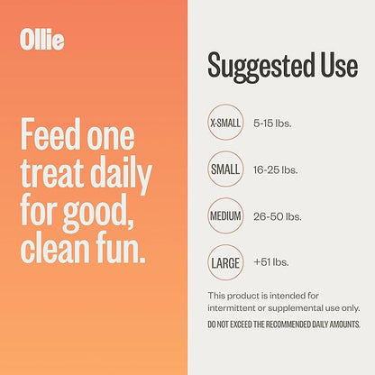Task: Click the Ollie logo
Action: point(41,41)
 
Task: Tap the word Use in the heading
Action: point(334,65)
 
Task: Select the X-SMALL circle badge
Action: point(225,122)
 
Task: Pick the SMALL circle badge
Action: point(225,169)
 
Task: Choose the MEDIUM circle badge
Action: point(225,216)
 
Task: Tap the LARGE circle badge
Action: point(225,263)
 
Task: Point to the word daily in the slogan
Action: point(123,176)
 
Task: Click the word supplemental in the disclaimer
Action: point(298,308)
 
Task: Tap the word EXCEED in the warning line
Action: point(255,324)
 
